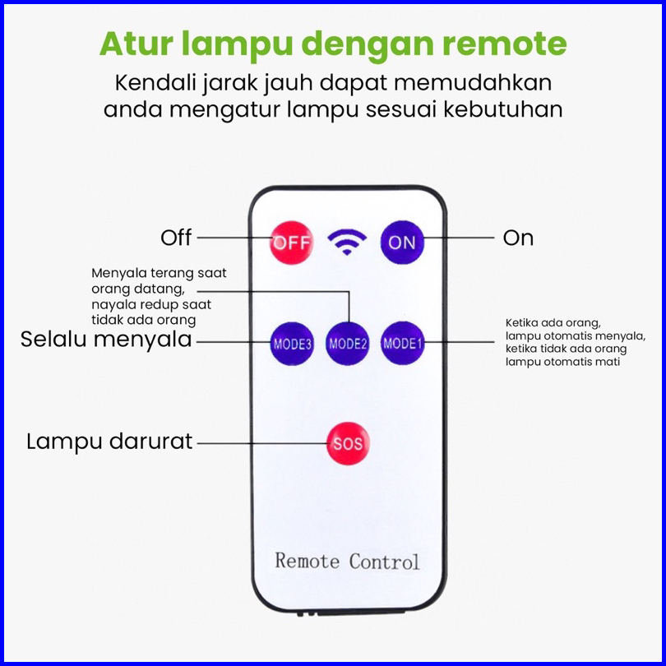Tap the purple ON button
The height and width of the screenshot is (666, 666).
coord(402,242)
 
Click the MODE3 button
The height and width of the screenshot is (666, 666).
coord(292,343)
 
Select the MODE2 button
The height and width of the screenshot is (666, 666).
coord(348,343)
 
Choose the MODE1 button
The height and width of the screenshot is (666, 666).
coord(402,343)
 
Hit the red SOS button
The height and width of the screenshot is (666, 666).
coord(348,443)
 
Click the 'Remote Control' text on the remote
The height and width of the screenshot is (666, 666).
coord(347,561)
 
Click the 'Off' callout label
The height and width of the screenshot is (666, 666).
coord(176,238)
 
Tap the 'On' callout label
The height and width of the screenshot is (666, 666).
coord(518,238)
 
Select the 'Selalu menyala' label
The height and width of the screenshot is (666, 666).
coord(106,340)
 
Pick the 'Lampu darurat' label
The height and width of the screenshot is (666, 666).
coord(109,442)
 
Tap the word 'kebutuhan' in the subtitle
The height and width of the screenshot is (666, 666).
coord(503,109)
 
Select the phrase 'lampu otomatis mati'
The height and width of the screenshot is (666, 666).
coord(562,362)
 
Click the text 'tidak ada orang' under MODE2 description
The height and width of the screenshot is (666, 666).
coord(144,320)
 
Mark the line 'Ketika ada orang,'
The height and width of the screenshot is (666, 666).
coord(553,323)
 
